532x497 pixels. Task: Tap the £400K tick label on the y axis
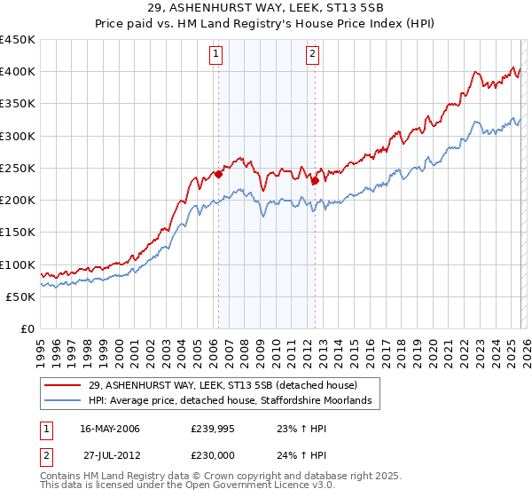(18, 72)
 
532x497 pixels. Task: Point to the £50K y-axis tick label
(21, 296)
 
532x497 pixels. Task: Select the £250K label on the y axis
(18, 168)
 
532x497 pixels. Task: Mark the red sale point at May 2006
(218, 175)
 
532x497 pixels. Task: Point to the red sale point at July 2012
(315, 181)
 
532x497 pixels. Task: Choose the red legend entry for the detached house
(223, 385)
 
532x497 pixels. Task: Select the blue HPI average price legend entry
(234, 401)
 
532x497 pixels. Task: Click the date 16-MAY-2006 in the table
(110, 430)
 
